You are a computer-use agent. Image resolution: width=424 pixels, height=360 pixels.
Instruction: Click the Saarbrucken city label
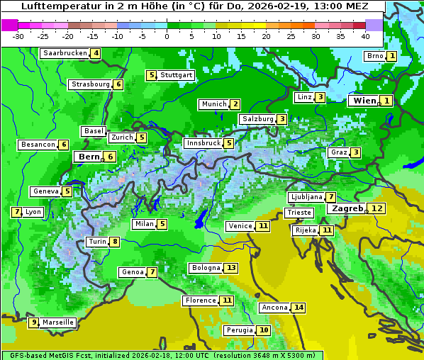(65, 53)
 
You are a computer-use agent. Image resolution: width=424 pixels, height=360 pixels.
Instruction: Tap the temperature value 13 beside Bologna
(231, 268)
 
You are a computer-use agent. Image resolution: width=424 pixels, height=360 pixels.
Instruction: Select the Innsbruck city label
(202, 143)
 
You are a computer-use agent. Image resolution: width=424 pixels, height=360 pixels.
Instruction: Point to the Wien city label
(364, 101)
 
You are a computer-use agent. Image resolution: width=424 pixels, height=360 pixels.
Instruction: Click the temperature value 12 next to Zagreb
(377, 208)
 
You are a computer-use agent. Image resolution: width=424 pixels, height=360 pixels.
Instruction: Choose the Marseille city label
(57, 322)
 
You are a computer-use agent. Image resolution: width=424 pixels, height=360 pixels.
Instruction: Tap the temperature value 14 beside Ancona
(299, 308)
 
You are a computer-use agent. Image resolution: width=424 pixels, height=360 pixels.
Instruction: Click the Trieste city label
(299, 213)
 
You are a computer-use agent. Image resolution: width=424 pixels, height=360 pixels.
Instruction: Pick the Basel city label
(94, 131)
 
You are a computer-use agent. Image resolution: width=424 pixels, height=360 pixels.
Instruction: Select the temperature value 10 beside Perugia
(264, 330)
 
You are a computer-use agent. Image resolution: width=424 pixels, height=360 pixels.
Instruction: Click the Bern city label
(89, 157)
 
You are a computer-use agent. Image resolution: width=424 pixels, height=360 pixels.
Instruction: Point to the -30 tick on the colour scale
(18, 35)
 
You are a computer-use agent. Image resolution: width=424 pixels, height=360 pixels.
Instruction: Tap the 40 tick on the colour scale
(365, 35)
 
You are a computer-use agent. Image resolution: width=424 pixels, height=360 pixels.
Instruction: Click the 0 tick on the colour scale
(167, 35)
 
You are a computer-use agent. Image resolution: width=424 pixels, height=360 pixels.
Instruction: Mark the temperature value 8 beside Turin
(114, 242)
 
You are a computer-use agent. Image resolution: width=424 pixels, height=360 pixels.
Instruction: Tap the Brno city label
(374, 56)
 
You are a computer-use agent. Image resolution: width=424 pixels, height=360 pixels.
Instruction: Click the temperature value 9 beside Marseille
(33, 322)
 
